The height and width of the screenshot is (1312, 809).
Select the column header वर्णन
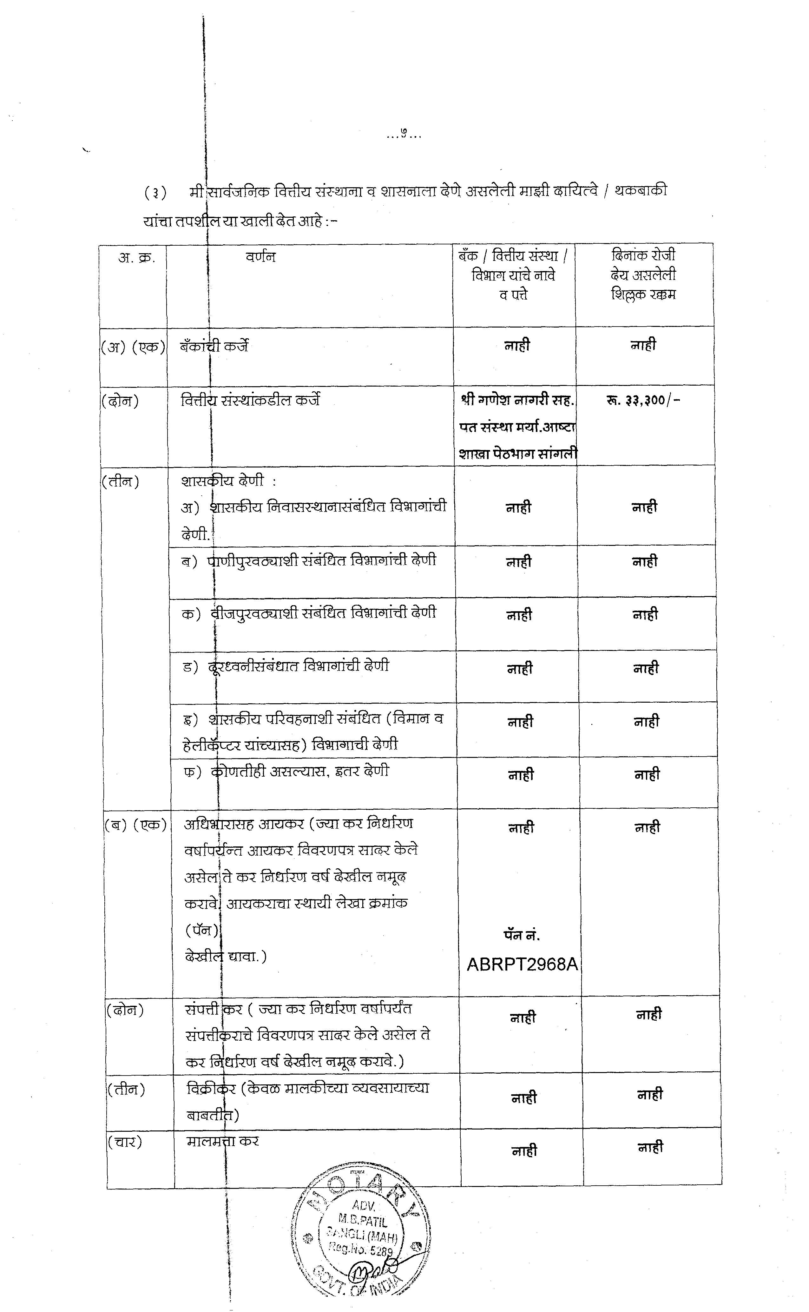(x=260, y=257)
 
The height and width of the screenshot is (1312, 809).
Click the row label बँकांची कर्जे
(x=214, y=346)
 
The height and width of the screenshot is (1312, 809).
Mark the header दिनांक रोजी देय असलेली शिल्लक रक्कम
(x=644, y=275)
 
